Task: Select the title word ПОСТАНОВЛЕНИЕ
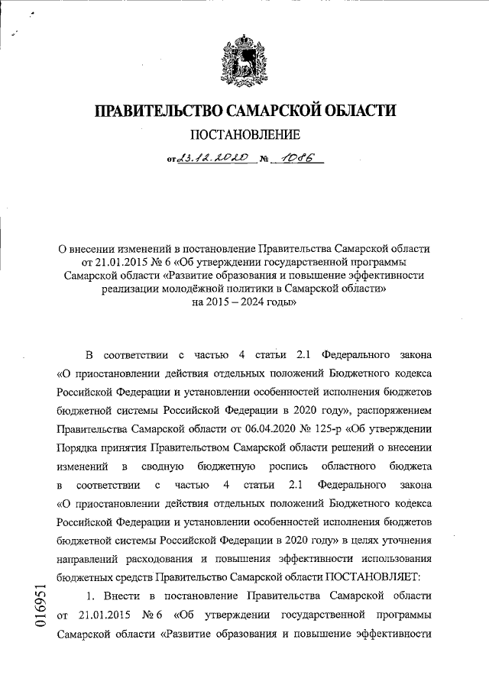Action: pos(244,137)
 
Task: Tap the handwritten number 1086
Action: pos(303,159)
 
